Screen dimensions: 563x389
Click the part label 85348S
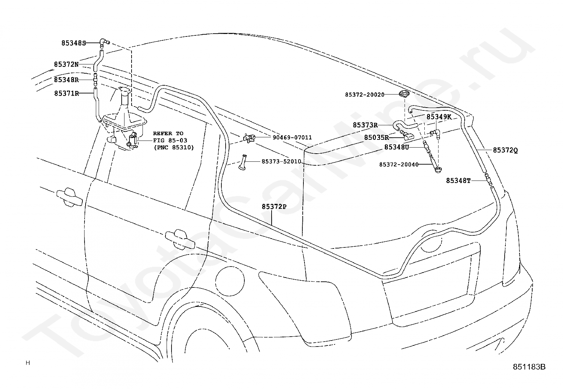tap(74, 43)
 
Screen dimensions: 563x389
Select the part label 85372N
tap(66, 64)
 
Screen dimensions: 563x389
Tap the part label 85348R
tap(66, 80)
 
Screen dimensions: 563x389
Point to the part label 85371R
tap(66, 93)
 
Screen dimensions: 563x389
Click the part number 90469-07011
tap(292, 137)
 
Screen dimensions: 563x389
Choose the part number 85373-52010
tap(281, 161)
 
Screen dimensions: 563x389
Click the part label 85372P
tap(274, 207)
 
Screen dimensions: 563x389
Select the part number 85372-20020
tap(365, 95)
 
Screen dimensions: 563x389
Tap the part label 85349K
tap(439, 117)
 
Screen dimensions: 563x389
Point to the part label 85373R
tap(365, 125)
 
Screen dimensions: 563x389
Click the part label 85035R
tap(377, 137)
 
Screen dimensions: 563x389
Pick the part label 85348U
tap(397, 147)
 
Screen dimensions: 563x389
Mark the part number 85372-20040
tap(399, 164)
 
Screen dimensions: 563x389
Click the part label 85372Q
tap(505, 150)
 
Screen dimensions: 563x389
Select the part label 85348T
tap(458, 181)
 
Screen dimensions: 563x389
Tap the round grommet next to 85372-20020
tap(404, 93)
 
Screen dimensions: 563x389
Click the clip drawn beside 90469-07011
tap(249, 138)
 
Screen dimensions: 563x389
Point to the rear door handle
tap(180, 237)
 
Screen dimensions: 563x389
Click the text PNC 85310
tap(174, 147)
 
